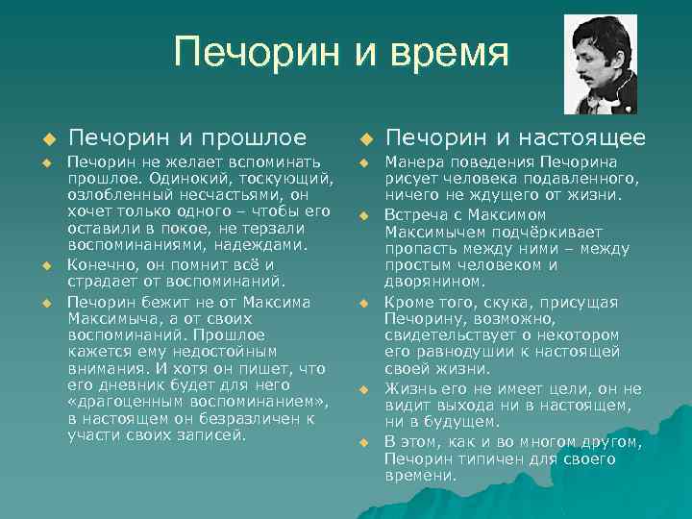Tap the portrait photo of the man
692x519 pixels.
pyautogui.click(x=594, y=64)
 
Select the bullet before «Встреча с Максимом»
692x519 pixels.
pyautogui.click(x=364, y=214)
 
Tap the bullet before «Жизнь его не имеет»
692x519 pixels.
pyautogui.click(x=364, y=389)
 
